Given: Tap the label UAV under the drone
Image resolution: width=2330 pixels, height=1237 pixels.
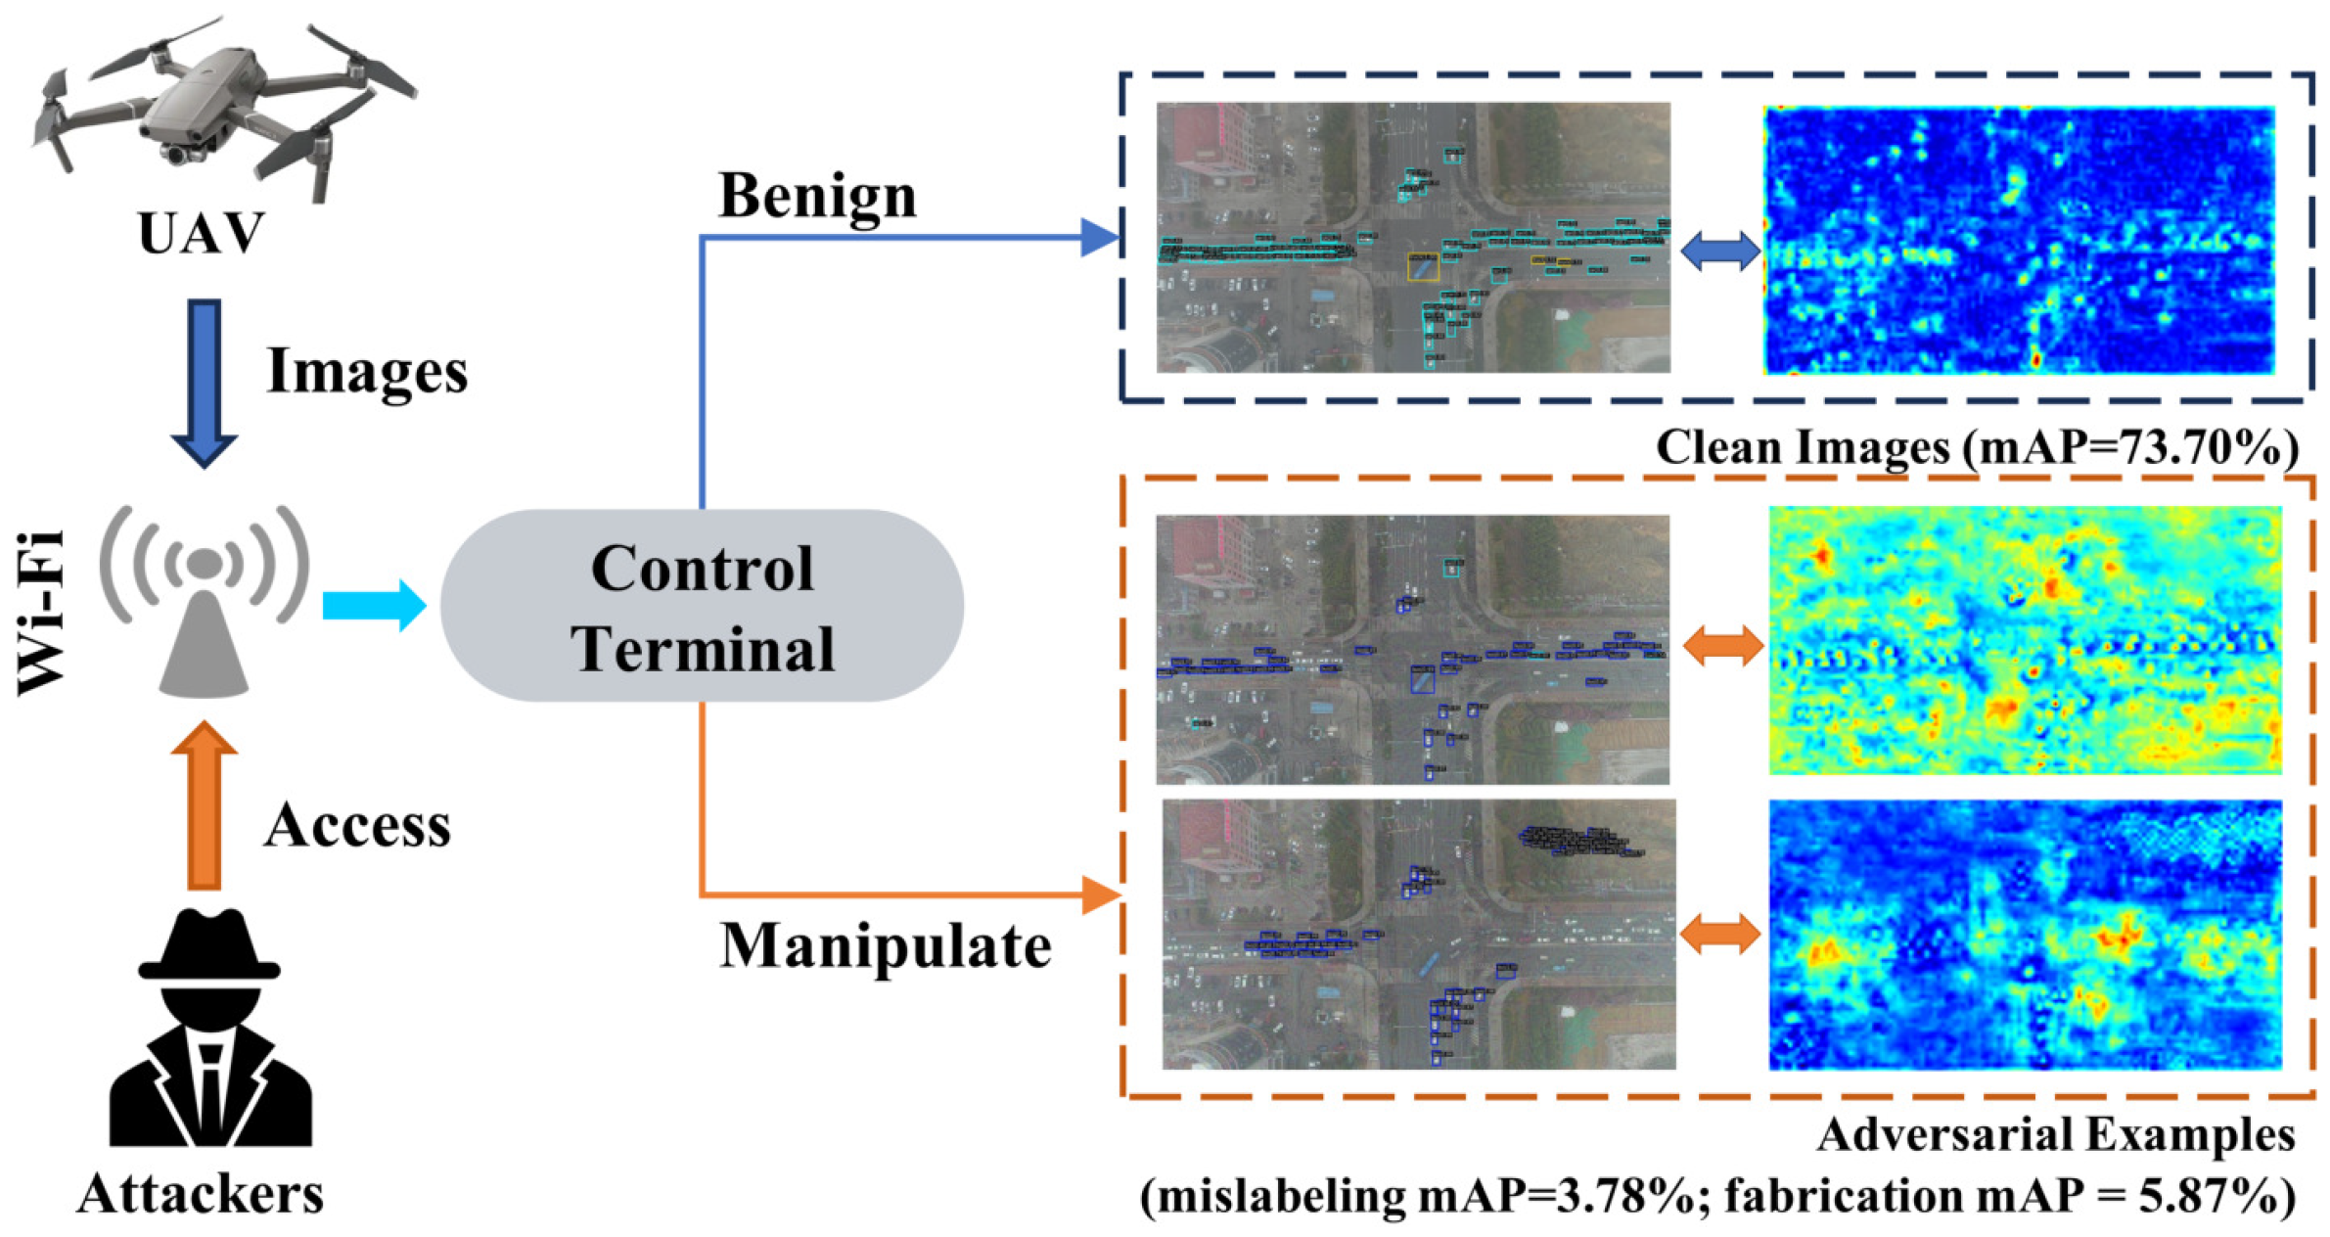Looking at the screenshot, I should (x=202, y=233).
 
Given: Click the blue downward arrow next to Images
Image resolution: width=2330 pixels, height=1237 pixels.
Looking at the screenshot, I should (x=204, y=382).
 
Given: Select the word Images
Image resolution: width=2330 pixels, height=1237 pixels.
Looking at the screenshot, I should (x=367, y=372).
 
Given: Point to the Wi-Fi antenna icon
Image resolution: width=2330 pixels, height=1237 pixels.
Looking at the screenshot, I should (x=204, y=602).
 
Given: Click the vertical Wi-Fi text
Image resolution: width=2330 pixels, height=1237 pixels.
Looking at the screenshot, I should (x=42, y=612).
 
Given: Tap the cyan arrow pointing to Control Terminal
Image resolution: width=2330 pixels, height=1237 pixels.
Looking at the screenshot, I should (x=374, y=605).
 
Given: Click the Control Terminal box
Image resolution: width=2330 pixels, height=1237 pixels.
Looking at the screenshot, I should (x=702, y=607).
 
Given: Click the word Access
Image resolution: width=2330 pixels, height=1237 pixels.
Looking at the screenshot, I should (x=357, y=825).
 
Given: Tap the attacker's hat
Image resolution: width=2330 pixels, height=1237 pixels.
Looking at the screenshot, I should (x=208, y=944).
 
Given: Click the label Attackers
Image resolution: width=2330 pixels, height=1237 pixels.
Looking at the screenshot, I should (x=201, y=1194).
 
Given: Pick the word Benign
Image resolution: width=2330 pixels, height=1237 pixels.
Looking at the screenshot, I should (x=817, y=196).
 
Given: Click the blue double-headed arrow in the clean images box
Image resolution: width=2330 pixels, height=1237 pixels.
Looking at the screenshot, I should (x=1720, y=251).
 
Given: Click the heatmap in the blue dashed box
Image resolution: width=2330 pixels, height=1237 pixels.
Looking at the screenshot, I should (x=2018, y=240).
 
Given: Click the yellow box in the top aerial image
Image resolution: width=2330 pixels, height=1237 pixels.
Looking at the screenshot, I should (x=1423, y=267).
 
